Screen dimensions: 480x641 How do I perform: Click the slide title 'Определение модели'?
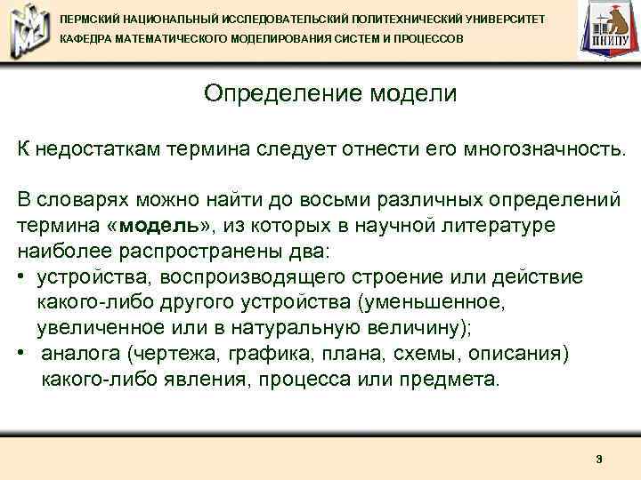329,93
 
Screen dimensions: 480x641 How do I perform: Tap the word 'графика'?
264,354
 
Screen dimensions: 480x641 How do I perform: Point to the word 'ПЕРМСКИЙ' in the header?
89,18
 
